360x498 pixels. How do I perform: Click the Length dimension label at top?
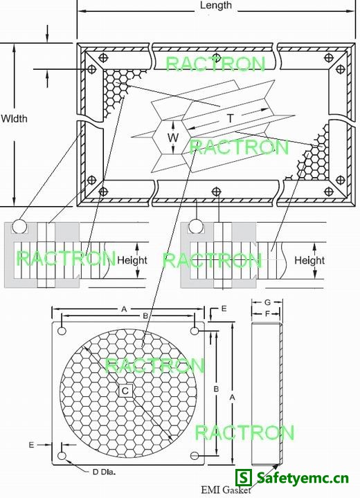tap(216, 6)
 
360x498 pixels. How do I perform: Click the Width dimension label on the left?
tap(14, 119)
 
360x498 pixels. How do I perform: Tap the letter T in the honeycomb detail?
tap(231, 118)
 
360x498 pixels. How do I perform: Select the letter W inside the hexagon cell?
tap(173, 138)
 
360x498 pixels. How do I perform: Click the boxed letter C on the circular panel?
tap(125, 391)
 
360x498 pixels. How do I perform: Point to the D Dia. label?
tap(104, 472)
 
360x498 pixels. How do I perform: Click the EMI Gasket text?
tap(226, 490)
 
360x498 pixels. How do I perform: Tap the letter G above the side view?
tap(267, 302)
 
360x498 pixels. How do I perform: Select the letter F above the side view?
tap(267, 314)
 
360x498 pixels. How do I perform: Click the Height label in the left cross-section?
tap(132, 260)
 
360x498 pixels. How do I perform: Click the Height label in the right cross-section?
tap(309, 261)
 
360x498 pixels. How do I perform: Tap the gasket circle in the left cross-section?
tap(19, 226)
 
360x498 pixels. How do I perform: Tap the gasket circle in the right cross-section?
tap(196, 226)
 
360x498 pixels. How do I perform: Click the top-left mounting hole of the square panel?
tap(62, 331)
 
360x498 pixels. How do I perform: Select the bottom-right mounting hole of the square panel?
tap(195, 456)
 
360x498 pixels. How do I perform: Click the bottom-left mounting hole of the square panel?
tap(62, 456)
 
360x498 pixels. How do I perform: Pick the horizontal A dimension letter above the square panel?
tap(124, 309)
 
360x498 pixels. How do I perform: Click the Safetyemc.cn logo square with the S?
tap(244, 478)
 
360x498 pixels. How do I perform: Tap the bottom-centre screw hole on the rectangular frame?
tap(217, 192)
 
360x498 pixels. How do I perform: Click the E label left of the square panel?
tap(31, 445)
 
